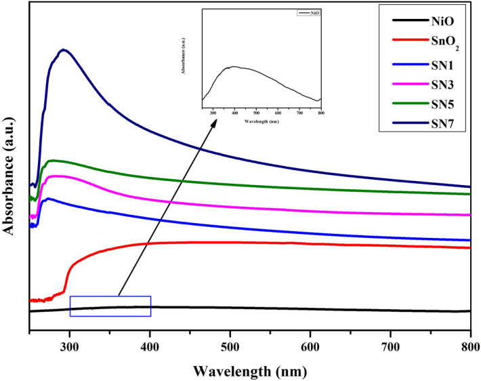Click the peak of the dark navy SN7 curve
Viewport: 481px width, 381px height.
click(63, 49)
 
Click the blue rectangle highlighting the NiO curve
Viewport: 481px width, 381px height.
click(110, 306)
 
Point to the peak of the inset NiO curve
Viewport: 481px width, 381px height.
click(234, 66)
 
